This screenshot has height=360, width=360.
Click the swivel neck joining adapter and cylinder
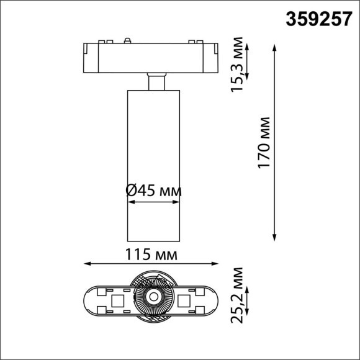pyautogui.click(x=156, y=83)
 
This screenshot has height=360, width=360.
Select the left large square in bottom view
pyautogui.click(x=116, y=302)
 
